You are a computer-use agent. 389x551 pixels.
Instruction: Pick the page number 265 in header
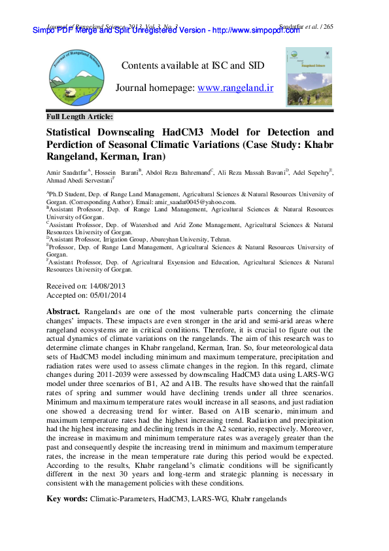click(x=328, y=27)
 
